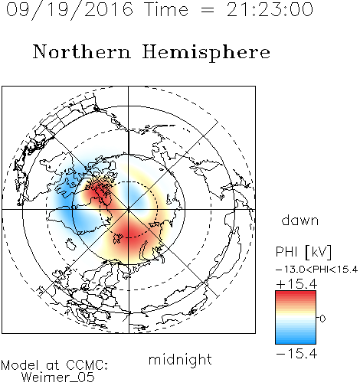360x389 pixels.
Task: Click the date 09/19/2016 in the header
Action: pos(70,10)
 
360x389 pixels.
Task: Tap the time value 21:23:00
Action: pos(270,10)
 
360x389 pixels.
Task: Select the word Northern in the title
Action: pos(82,52)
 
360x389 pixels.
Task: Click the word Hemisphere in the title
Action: pos(206,53)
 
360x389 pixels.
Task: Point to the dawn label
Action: pos(300,220)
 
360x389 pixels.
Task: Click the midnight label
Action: pos(180,361)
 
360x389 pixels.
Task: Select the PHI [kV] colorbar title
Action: pos(303,252)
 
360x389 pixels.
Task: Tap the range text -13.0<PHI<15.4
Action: pos(316,270)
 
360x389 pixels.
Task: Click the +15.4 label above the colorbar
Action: pos(296,284)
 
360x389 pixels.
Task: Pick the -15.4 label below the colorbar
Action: pos(296,354)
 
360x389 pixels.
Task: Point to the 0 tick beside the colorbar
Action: pos(322,319)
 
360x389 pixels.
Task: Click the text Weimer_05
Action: pos(58,378)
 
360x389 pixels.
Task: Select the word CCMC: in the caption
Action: pos(87,365)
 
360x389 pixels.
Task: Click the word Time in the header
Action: pos(166,10)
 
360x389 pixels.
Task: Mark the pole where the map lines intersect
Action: pos(129,209)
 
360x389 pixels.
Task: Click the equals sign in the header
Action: pos(208,11)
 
